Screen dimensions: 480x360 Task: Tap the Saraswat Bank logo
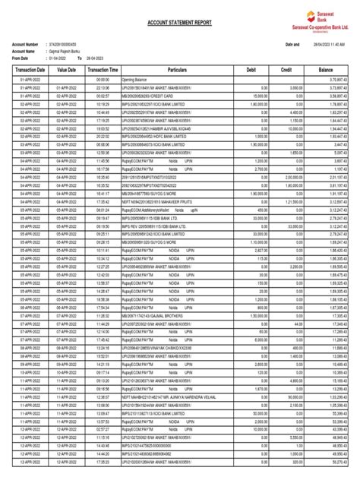(320, 19)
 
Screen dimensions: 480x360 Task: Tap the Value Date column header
(67, 69)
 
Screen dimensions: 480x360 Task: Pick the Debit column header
(251, 69)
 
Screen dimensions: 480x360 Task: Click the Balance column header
(329, 69)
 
